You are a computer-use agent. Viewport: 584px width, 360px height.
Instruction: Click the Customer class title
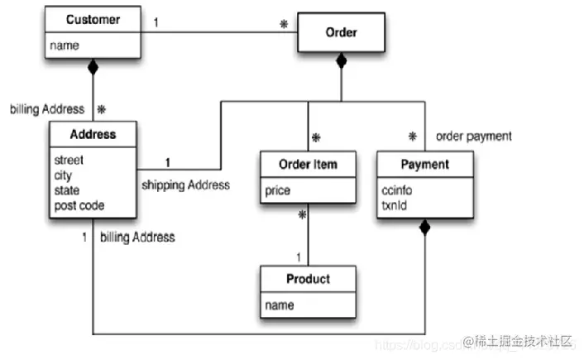click(x=93, y=19)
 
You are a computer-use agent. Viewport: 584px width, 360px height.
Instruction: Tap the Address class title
click(x=93, y=133)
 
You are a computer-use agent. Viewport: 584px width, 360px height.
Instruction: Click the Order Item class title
click(x=309, y=165)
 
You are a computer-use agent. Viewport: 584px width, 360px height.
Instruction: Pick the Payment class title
click(x=424, y=164)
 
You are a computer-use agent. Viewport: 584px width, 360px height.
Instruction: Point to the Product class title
click(x=308, y=278)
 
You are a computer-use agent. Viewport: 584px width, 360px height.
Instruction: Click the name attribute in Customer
click(x=65, y=46)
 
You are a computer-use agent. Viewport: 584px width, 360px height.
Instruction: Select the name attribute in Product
click(x=280, y=305)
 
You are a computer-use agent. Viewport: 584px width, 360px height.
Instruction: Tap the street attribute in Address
click(x=69, y=161)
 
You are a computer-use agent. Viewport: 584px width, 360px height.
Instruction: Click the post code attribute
click(x=79, y=205)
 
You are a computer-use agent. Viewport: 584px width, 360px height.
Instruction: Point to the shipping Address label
click(x=185, y=184)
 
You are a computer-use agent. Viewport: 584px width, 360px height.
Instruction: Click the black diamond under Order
click(x=340, y=60)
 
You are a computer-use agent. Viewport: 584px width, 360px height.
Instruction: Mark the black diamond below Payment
click(x=424, y=226)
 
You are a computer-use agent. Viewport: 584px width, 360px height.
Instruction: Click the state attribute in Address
click(x=67, y=190)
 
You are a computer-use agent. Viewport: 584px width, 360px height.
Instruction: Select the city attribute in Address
click(x=64, y=175)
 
